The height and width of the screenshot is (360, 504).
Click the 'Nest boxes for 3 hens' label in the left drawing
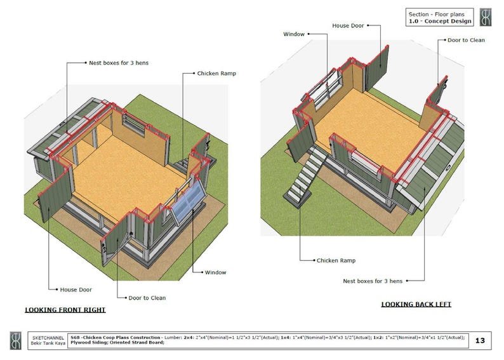pyautogui.click(x=119, y=63)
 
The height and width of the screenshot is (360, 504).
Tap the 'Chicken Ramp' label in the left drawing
pyautogui.click(x=216, y=74)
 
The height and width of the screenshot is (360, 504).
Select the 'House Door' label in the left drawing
pyautogui.click(x=76, y=290)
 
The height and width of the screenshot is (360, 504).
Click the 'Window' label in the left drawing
pyautogui.click(x=215, y=272)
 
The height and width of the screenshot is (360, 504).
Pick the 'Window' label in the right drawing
pyautogui.click(x=293, y=34)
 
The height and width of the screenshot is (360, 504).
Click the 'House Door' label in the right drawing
pyautogui.click(x=347, y=26)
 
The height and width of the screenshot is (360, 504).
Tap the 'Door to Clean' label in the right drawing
pyautogui.click(x=466, y=40)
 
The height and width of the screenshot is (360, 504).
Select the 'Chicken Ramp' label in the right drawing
pyautogui.click(x=336, y=260)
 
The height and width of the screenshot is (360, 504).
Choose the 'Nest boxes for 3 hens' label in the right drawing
pyautogui.click(x=372, y=280)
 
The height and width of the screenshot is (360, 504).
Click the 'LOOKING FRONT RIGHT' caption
pyautogui.click(x=65, y=310)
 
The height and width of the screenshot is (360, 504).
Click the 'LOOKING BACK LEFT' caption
pyautogui.click(x=416, y=304)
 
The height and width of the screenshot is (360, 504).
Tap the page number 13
pyautogui.click(x=480, y=341)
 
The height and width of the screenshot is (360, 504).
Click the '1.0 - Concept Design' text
pyautogui.click(x=441, y=21)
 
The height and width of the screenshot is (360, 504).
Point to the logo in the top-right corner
pyautogui.click(x=486, y=17)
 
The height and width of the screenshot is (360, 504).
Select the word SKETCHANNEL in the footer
pyautogui.click(x=44, y=337)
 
